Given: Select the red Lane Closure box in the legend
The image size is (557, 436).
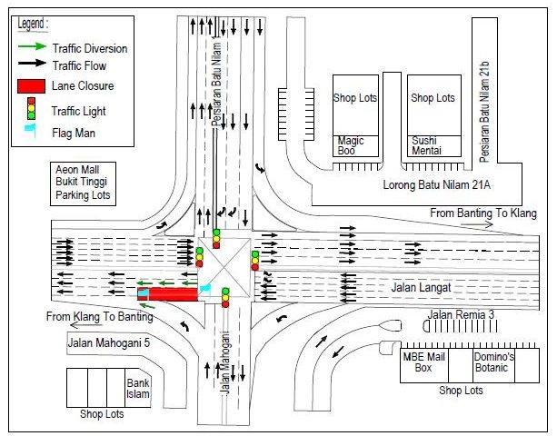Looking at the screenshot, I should [31, 86].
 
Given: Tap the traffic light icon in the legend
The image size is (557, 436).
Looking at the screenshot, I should [31, 111].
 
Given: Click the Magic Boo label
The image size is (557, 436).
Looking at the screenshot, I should [351, 146].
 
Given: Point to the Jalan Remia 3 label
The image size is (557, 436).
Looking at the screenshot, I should [460, 315].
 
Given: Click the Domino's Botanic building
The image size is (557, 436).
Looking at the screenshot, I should [494, 362].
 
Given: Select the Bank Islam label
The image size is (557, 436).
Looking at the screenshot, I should [137, 388].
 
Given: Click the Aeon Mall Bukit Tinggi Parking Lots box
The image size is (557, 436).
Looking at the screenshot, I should [84, 183].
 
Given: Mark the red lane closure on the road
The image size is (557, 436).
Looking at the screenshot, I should [173, 293].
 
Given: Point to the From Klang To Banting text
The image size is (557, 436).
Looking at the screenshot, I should [100, 317].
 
